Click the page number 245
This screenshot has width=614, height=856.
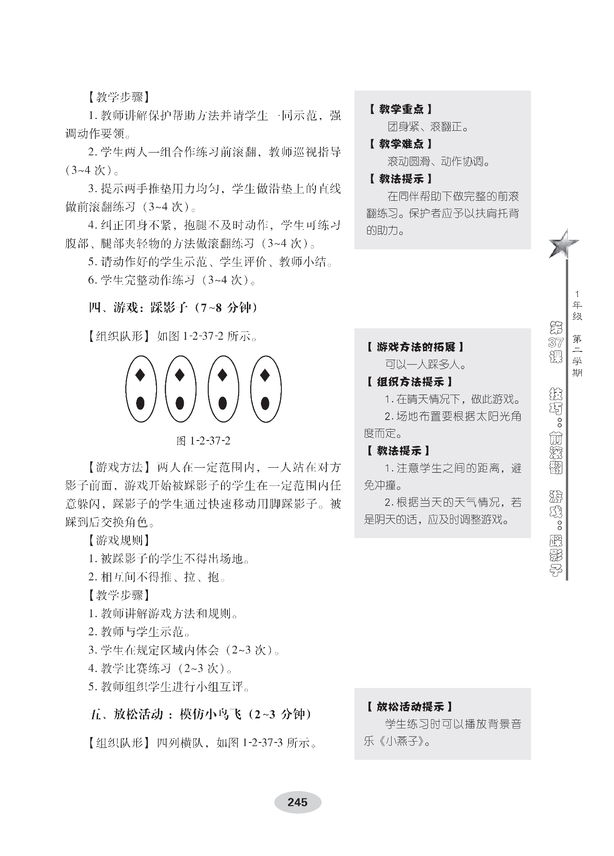tap(297, 802)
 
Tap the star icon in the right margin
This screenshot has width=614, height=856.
tap(563, 244)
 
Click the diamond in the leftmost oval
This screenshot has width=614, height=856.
tap(140, 375)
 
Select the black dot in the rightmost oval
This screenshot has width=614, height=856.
tap(265, 403)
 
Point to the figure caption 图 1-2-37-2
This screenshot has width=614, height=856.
tap(203, 440)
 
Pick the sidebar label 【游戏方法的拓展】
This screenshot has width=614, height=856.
tap(415, 347)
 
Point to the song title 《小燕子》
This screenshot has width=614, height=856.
tap(401, 742)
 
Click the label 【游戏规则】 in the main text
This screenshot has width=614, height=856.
tap(119, 540)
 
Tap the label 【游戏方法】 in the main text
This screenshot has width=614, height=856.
tap(119, 467)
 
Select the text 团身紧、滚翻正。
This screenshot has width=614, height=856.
tap(428, 127)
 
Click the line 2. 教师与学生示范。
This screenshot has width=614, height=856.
tap(139, 632)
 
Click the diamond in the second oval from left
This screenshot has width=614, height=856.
tap(180, 375)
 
